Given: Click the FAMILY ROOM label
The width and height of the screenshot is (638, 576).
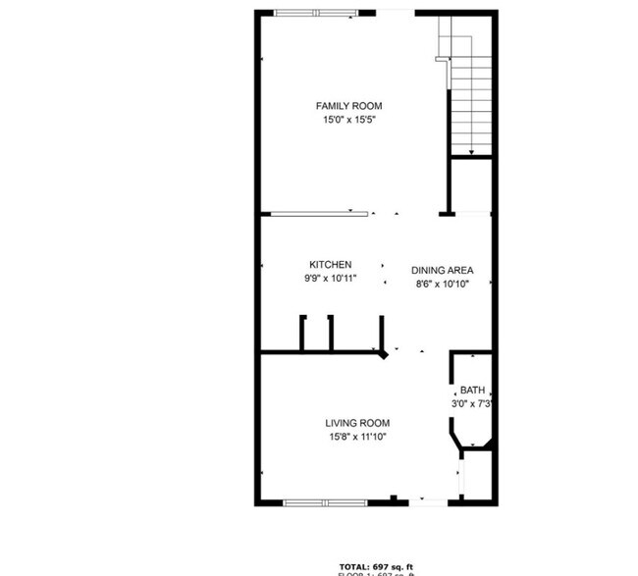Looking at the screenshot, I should [348, 106].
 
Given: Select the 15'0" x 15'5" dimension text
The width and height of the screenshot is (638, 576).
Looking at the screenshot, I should [348, 120].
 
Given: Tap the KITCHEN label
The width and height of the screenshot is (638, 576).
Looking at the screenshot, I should [331, 265].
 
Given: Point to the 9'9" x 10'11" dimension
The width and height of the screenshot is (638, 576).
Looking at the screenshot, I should [331, 279].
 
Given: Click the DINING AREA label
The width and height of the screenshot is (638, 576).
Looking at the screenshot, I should [443, 271].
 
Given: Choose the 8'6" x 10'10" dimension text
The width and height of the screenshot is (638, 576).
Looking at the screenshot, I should [443, 285].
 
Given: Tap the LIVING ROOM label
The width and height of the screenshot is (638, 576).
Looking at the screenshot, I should [355, 424].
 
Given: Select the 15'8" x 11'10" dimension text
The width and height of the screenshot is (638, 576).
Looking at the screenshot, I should [355, 438].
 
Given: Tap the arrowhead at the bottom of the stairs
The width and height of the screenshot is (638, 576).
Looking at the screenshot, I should [471, 152].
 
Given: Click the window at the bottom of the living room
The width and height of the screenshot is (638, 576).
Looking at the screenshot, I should [324, 502].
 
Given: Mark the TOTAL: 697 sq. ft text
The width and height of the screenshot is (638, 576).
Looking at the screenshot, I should [377, 567].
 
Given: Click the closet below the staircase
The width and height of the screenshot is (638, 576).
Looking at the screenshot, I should [469, 186].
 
